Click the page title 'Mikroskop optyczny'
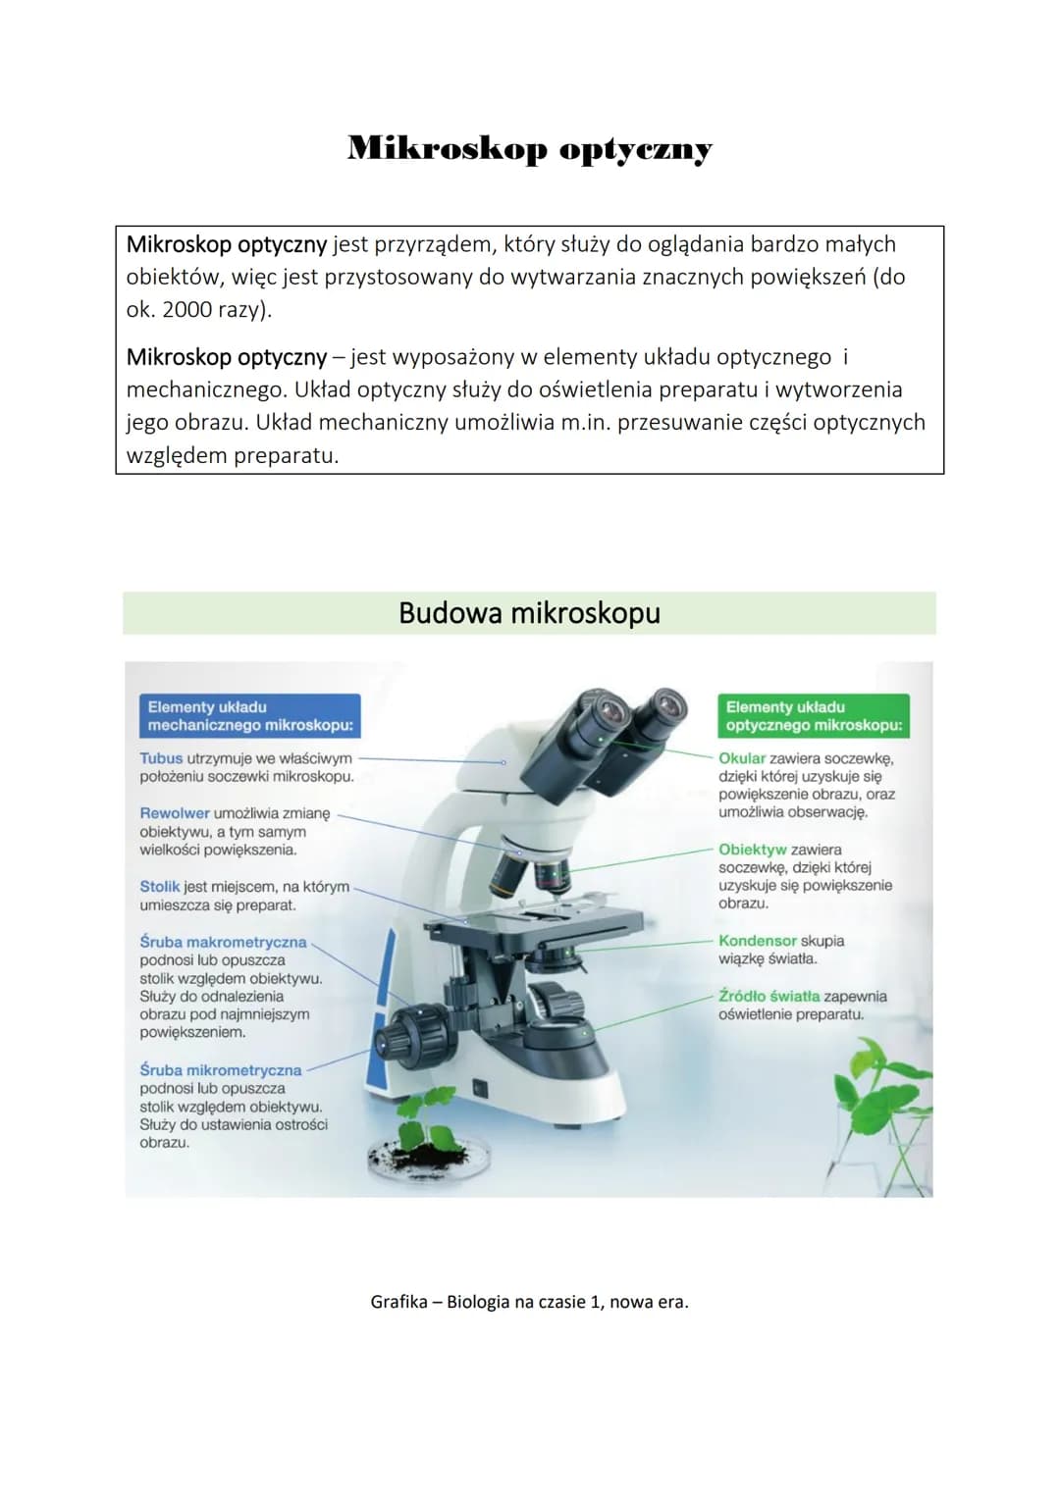point(529,148)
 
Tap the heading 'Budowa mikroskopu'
point(529,612)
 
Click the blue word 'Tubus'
point(161,758)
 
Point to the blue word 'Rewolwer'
point(175,813)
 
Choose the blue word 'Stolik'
point(160,887)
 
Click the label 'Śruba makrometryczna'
point(223,943)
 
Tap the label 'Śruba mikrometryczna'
point(221,1070)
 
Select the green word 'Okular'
point(741,758)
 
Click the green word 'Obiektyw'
point(752,850)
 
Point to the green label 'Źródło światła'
point(768,996)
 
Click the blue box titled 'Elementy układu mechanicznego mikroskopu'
point(249,716)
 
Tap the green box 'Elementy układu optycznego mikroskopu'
point(813,716)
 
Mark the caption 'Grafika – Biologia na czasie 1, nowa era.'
point(529,1302)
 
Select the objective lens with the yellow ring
point(506,874)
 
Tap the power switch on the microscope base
point(479,1089)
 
